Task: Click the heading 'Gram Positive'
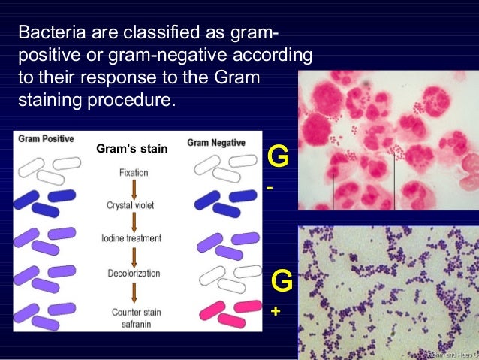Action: coord(47,141)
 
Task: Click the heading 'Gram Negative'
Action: coord(216,142)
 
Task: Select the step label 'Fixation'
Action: coord(133,173)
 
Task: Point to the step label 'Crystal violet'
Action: coord(132,205)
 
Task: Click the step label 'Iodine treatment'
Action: coord(131,238)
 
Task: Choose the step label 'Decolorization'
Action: coord(132,276)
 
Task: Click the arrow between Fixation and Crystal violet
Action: coord(133,189)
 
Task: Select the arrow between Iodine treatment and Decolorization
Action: coord(133,257)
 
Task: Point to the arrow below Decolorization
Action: coord(133,293)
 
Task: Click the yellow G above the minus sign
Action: coord(279,159)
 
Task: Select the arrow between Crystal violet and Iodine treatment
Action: coord(133,222)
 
